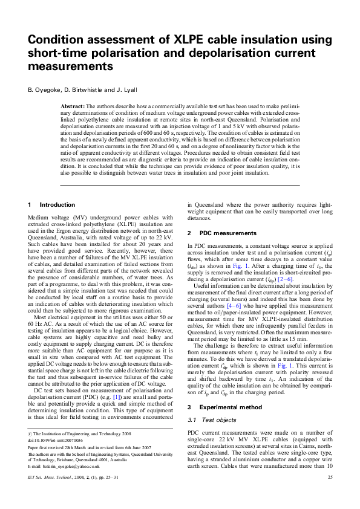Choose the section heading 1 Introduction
(52, 205)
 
